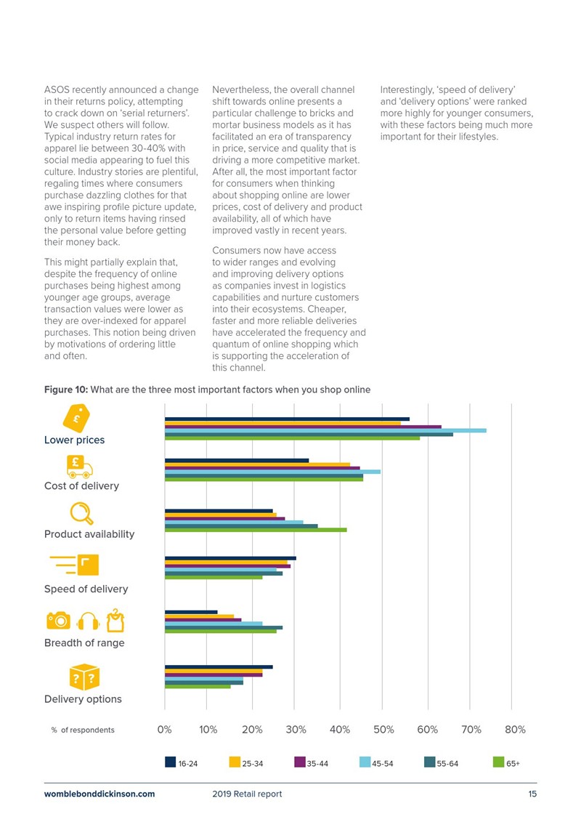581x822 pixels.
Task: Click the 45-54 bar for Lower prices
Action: [x=325, y=430]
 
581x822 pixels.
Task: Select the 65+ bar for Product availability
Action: [x=256, y=530]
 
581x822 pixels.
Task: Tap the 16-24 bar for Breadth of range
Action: [x=191, y=612]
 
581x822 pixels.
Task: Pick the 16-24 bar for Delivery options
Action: [x=219, y=666]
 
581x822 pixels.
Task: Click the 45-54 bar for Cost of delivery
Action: [x=272, y=472]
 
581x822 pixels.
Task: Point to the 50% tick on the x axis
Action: [x=383, y=729]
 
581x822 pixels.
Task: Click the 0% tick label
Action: [x=165, y=729]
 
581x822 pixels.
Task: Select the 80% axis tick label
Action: [x=515, y=729]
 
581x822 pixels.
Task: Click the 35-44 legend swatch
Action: [x=300, y=762]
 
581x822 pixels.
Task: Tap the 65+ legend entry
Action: [x=507, y=762]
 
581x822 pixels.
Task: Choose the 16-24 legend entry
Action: [x=182, y=762]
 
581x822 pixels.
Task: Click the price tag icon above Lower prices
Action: [x=76, y=419]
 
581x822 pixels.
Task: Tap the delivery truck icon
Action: [x=80, y=467]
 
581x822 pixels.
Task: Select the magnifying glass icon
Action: [x=82, y=514]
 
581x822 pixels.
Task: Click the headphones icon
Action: [x=88, y=621]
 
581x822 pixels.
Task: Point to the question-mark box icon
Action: [x=84, y=677]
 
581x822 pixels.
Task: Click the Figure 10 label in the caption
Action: [x=66, y=390]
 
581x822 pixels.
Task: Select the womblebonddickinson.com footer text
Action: [x=99, y=794]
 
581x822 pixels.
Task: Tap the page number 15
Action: [x=532, y=794]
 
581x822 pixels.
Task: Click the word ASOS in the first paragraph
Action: [x=57, y=89]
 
